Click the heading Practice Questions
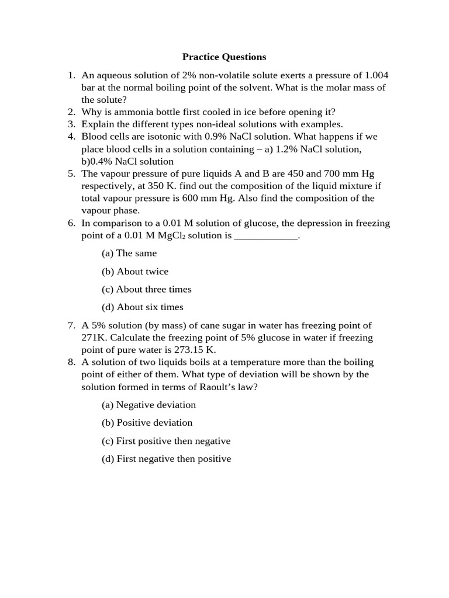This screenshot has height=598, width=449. coord(224,57)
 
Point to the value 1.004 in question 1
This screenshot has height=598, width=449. coord(376,75)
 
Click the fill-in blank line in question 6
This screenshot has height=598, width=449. coord(266,235)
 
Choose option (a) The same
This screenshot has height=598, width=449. coord(129,253)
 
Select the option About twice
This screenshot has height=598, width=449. coord(135,272)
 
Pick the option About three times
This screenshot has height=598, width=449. coord(146,289)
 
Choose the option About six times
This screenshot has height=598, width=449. coord(142,307)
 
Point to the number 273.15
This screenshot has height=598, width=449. coord(192,350)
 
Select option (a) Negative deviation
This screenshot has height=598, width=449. coord(148,405)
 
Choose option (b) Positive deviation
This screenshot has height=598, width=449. coord(147,423)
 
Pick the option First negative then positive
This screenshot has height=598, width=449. coord(166,459)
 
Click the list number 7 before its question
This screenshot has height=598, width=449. coord(70,325)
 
